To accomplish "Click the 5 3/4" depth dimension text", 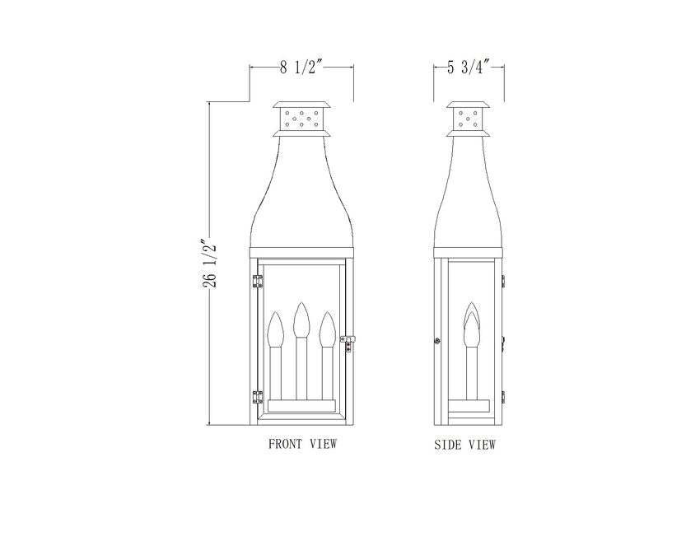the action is [469, 68].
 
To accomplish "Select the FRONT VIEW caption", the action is [302, 444].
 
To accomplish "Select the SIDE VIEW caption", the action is [464, 445].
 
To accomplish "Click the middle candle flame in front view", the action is [301, 320].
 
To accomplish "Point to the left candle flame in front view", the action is [275, 329].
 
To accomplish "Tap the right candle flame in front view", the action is [328, 329].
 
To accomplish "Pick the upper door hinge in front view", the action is [258, 282].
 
